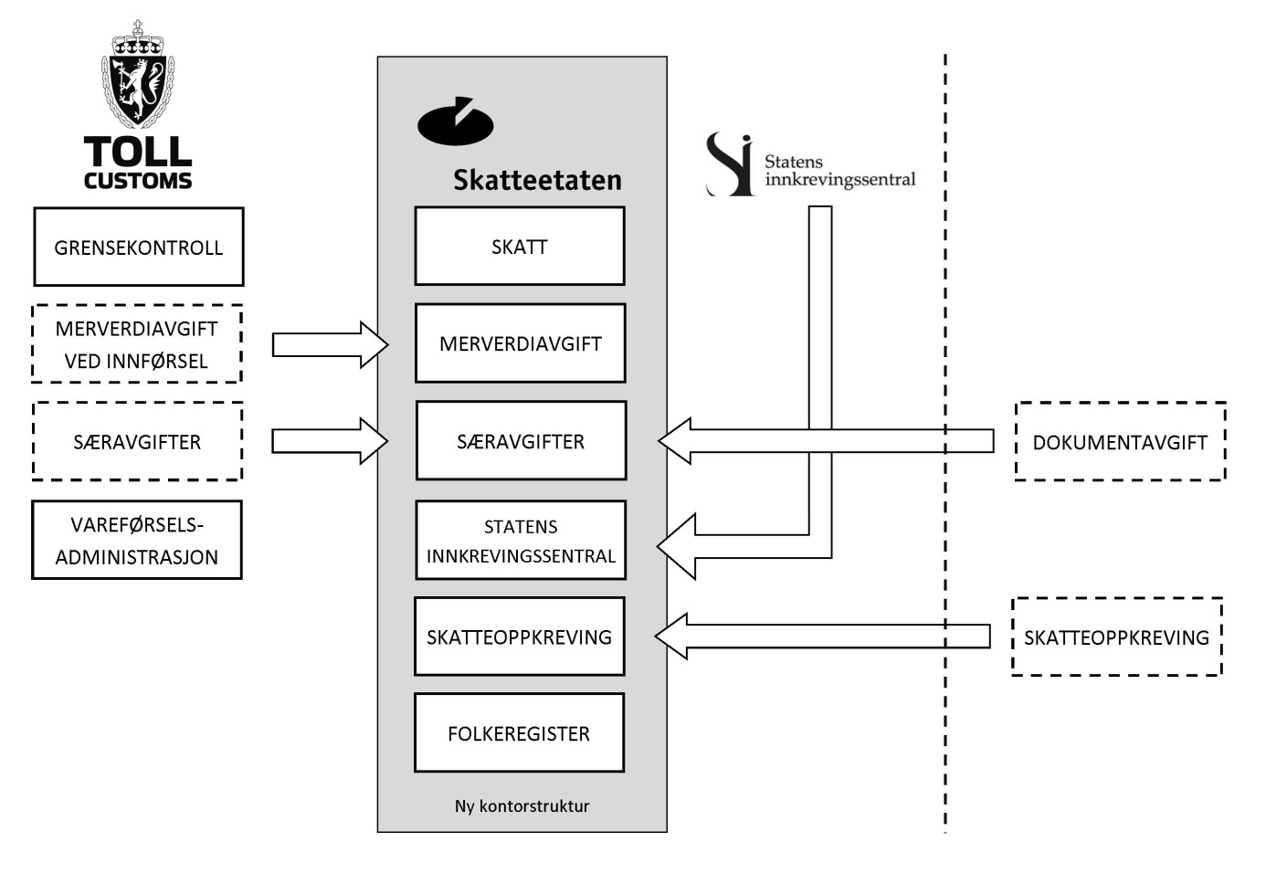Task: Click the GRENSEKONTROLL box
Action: [139, 247]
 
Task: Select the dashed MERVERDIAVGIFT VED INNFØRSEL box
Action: [137, 344]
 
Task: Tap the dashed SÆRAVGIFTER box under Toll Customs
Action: [137, 441]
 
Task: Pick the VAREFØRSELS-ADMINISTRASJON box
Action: [137, 540]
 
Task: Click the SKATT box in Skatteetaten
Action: [520, 247]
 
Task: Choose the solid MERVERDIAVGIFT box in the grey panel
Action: [520, 343]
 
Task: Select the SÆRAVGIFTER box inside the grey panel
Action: [521, 441]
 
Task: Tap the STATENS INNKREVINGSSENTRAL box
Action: [521, 540]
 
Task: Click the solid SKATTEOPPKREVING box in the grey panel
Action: [519, 637]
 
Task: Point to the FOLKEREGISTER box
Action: [519, 733]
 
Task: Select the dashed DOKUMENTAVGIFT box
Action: [1120, 442]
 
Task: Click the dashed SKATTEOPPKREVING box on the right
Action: [1116, 637]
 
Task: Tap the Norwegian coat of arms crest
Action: [138, 77]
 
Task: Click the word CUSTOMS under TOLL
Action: [138, 181]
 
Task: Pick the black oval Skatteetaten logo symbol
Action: [455, 122]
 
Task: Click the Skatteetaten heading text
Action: [537, 180]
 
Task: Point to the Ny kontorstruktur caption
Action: [522, 806]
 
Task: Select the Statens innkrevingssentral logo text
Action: [839, 171]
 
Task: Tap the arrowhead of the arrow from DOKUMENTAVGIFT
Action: [674, 441]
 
